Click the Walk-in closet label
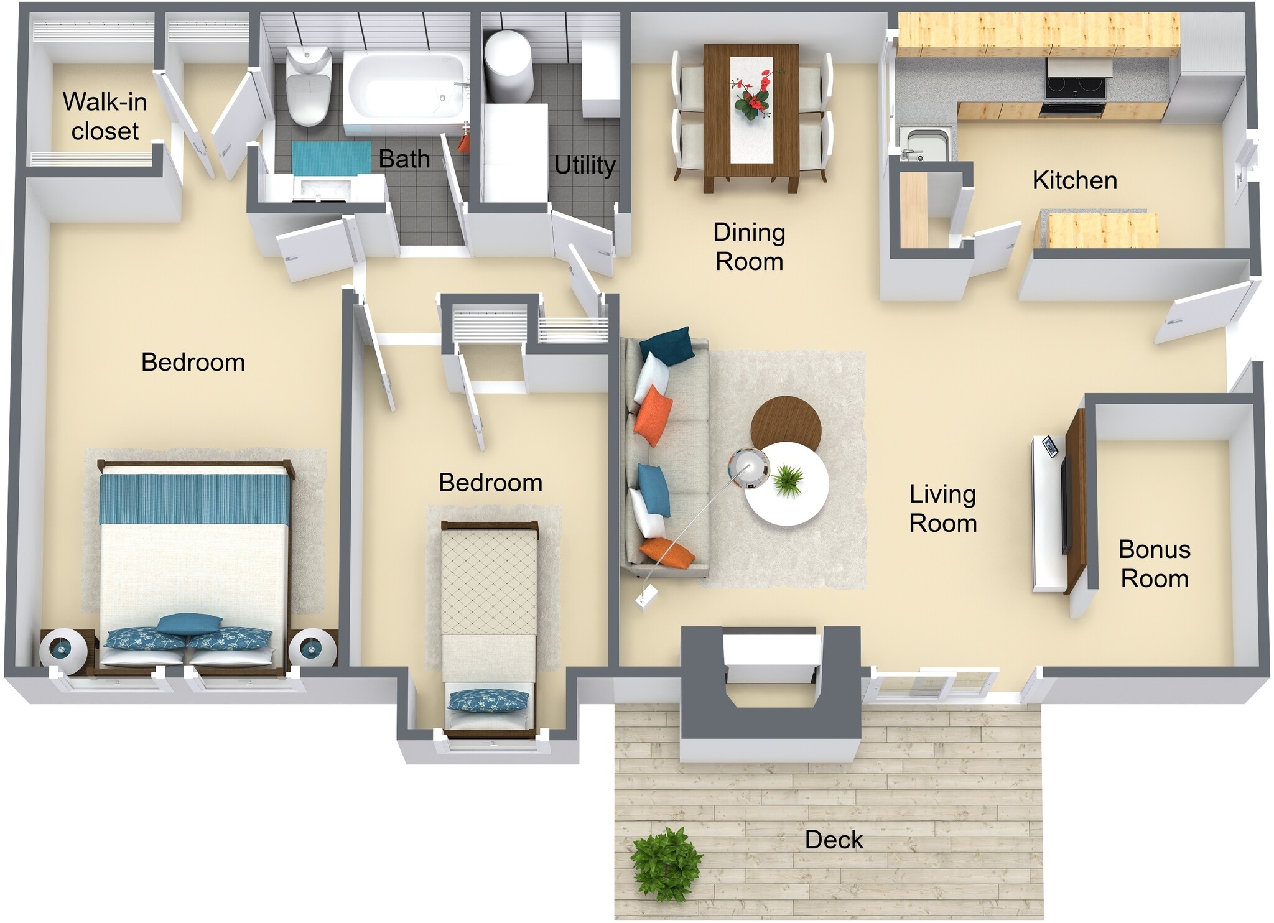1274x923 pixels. coord(105,116)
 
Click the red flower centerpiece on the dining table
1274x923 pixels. coord(752,96)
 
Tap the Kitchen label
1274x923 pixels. coord(1074,180)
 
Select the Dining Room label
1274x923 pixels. coord(749,247)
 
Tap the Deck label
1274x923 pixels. coord(834,840)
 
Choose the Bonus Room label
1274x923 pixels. coord(1154,564)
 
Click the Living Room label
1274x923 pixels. coord(942,508)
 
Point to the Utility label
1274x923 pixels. coord(584,165)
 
